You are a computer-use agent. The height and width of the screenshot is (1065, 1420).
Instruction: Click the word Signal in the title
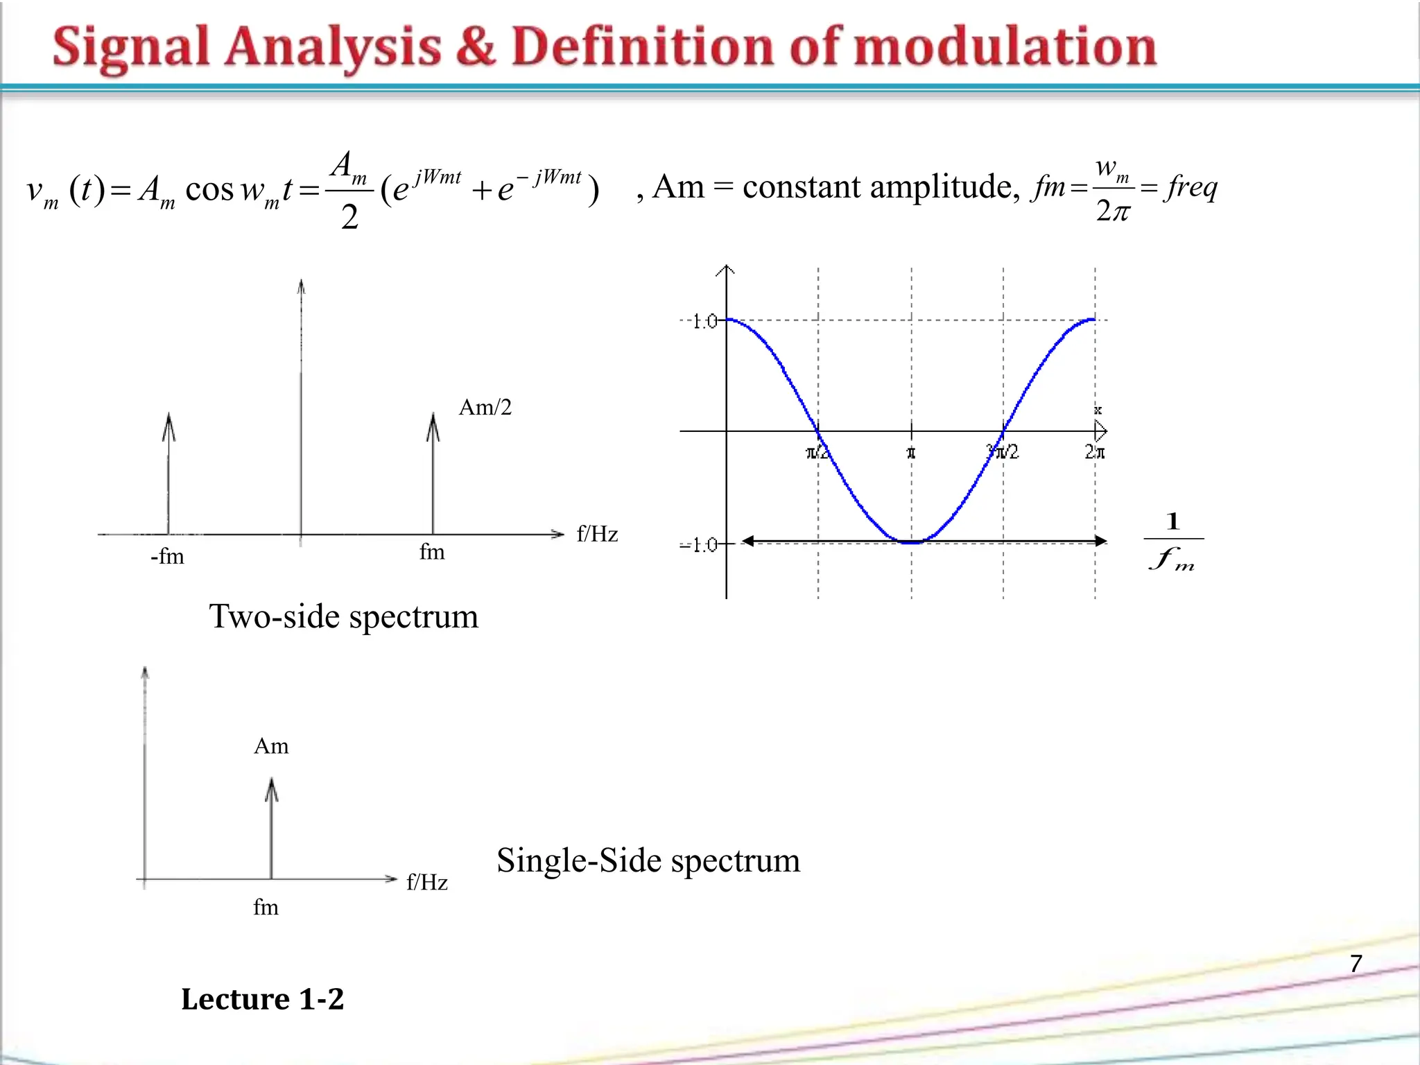130,47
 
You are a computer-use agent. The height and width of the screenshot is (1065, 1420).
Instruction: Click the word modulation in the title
1005,47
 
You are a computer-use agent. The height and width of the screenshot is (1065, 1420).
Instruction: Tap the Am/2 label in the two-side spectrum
485,407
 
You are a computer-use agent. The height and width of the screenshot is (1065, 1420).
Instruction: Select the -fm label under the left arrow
167,556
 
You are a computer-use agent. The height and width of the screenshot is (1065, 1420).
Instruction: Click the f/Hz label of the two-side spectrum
597,534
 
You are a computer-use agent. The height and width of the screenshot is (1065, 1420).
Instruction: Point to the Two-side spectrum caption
344,616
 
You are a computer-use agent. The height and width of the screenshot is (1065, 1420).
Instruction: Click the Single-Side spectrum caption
648,860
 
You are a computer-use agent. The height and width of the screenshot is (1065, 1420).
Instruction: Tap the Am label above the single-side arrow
271,746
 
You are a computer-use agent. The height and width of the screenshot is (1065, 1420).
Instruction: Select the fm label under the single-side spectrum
266,907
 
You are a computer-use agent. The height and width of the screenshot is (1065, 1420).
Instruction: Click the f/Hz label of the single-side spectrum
427,882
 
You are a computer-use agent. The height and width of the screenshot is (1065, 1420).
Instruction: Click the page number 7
1356,964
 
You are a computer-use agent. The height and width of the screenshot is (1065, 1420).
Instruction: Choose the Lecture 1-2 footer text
262,999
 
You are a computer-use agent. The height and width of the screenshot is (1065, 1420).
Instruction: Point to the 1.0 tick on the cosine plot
704,321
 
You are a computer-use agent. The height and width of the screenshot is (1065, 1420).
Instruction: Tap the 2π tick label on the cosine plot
1095,453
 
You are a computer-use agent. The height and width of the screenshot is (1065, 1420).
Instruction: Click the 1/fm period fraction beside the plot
1172,541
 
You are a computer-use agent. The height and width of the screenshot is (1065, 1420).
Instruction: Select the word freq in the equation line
1191,187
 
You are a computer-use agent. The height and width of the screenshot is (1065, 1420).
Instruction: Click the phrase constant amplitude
877,187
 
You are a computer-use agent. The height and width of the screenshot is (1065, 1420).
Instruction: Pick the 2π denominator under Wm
1113,209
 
